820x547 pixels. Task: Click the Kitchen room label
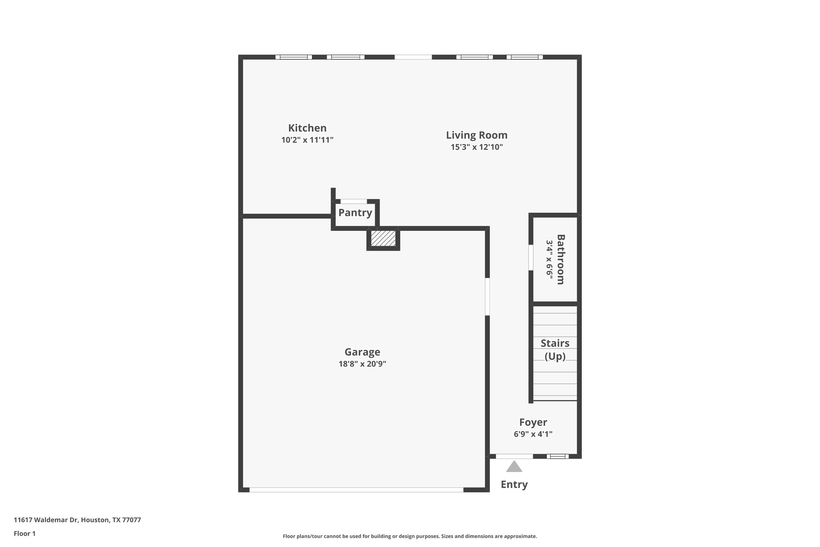[x=307, y=128]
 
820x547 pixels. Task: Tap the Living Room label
[x=476, y=135]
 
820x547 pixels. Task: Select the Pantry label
[x=355, y=212]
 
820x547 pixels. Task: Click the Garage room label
[x=362, y=352]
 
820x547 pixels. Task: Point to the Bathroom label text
[x=561, y=259]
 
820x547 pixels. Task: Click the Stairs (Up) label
[x=555, y=349]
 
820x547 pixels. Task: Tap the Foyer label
[x=533, y=422]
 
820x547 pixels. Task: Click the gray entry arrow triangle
[x=514, y=467]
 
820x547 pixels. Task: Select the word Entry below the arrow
[x=514, y=484]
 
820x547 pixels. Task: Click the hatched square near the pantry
[x=383, y=238]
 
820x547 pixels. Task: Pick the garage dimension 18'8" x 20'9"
[x=362, y=364]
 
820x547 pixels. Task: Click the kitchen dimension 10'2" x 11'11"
[x=307, y=140]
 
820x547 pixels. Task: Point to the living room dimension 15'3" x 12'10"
[x=476, y=147]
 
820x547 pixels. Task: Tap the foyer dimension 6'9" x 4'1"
[x=533, y=434]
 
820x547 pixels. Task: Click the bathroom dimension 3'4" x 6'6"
[x=549, y=259]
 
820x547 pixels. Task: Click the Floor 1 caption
[x=24, y=533]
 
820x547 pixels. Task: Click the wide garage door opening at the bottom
[x=356, y=490]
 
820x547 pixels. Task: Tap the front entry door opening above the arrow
[x=514, y=456]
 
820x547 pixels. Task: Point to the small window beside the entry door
[x=557, y=456]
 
